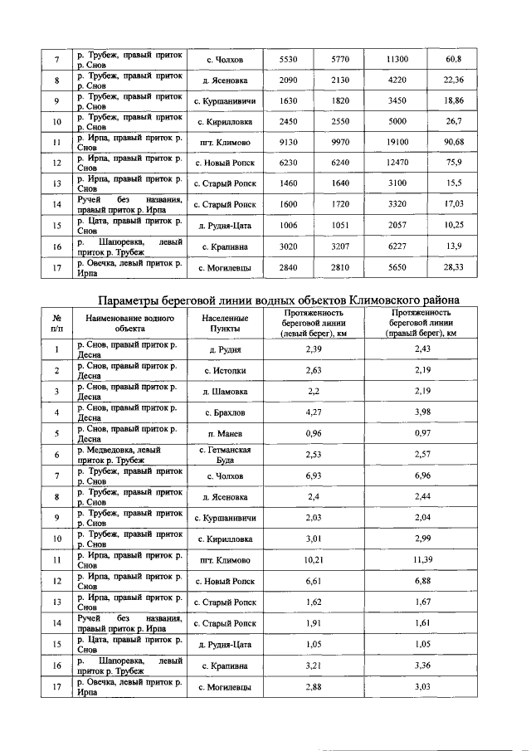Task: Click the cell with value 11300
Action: coord(397,61)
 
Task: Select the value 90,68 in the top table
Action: coord(453,141)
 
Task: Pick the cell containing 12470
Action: coord(397,162)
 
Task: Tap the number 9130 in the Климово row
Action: coord(289,141)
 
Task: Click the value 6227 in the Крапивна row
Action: coord(397,246)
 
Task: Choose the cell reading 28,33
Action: coord(453,267)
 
